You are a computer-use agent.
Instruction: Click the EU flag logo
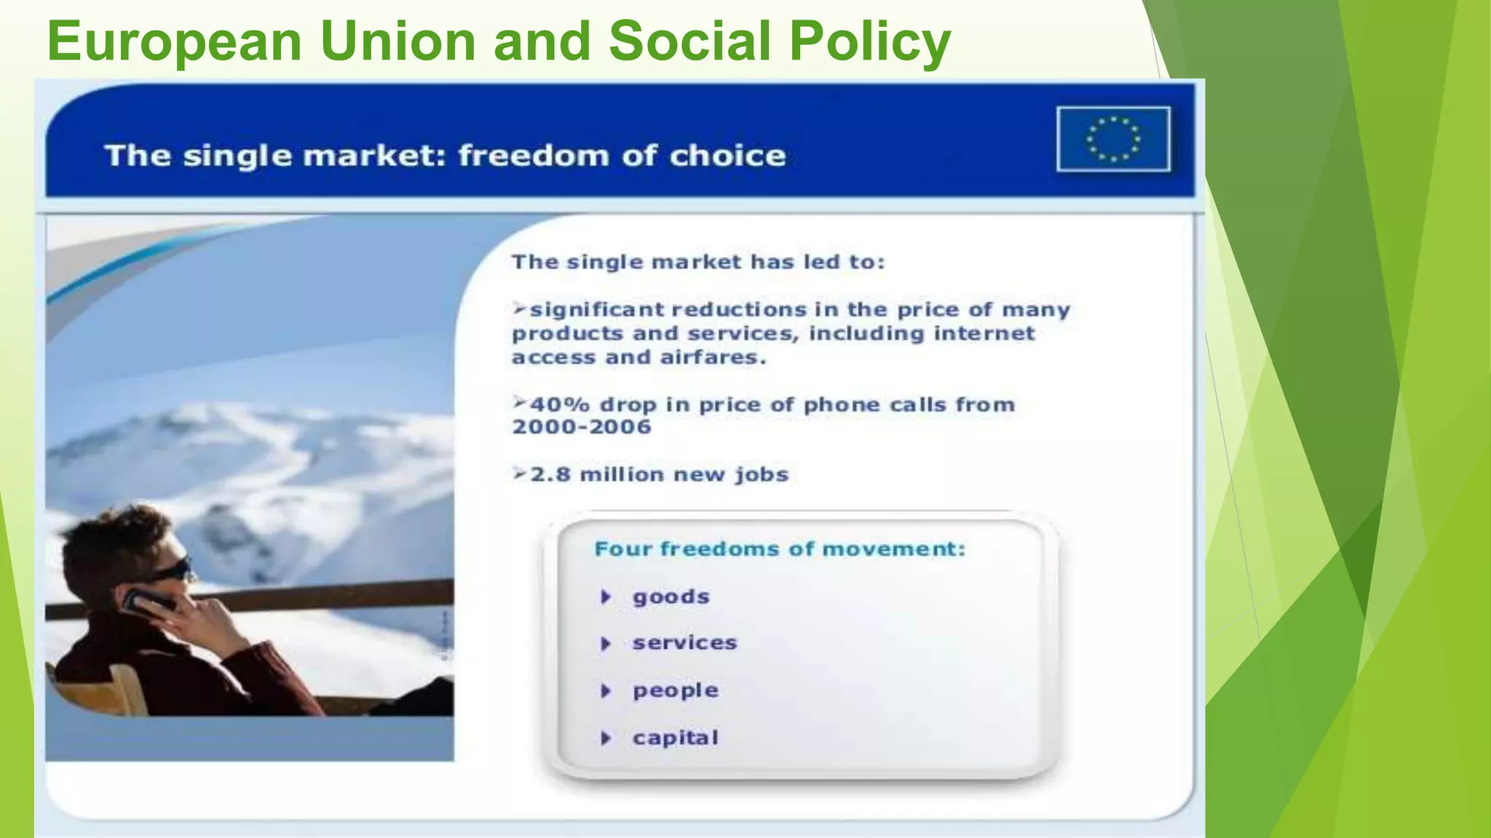click(1113, 139)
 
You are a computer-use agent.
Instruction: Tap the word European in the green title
click(175, 42)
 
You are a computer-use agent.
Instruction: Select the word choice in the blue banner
click(727, 156)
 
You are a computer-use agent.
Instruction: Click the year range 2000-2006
click(581, 427)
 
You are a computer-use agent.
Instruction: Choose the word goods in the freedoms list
click(671, 597)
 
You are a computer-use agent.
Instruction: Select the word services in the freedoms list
click(684, 643)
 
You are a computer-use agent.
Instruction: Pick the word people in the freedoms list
click(675, 690)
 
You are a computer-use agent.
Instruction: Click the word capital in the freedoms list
click(675, 738)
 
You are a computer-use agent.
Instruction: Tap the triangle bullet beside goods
click(605, 597)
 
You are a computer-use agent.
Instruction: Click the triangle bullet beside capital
click(605, 738)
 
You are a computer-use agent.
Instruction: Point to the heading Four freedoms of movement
click(779, 548)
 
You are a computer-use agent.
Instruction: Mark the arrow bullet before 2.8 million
click(519, 474)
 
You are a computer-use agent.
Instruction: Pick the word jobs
click(762, 475)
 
